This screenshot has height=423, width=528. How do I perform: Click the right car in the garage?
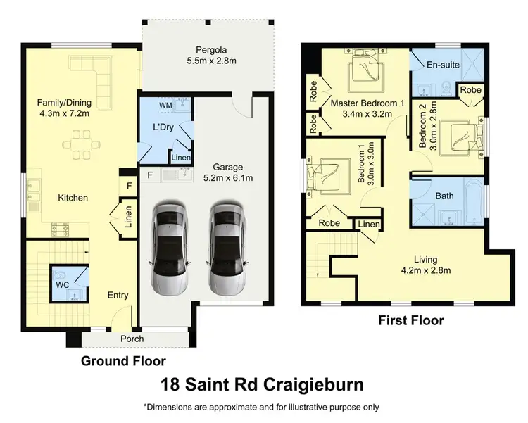point(227,246)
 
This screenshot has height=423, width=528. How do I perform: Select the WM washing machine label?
point(166,106)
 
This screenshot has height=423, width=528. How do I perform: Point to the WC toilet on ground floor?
point(63,274)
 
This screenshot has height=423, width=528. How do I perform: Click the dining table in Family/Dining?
point(83,149)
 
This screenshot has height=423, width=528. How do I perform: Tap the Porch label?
point(132,339)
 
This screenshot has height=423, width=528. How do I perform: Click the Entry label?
point(117,296)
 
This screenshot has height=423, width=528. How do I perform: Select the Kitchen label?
point(73,198)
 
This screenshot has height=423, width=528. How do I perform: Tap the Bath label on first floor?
point(444,196)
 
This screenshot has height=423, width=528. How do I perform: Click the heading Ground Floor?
point(123,361)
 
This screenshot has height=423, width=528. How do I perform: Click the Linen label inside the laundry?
point(180,158)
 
